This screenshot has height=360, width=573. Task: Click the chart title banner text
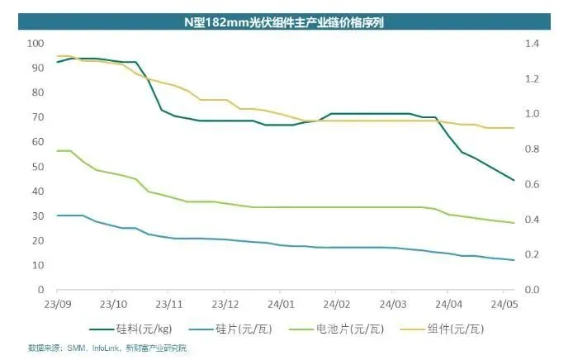[x=287, y=22]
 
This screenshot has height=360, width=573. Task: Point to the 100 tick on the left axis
[x=36, y=43]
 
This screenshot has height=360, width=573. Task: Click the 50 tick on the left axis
[x=38, y=167]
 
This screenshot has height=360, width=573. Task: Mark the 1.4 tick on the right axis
[x=530, y=43]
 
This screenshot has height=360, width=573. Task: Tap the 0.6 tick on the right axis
[x=530, y=184]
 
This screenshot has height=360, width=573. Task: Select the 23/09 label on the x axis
[x=56, y=303]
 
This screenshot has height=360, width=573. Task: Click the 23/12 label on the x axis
[x=225, y=303]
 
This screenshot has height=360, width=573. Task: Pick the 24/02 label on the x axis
[x=336, y=303]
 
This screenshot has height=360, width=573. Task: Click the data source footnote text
[x=107, y=348]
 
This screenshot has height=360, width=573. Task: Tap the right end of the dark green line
[x=514, y=180]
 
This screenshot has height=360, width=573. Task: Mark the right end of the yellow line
[x=514, y=128]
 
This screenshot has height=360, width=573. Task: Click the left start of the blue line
[x=57, y=216]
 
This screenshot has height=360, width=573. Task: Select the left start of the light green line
[x=57, y=151]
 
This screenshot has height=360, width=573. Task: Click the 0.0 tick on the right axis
[x=530, y=290]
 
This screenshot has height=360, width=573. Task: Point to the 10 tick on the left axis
[x=38, y=265]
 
